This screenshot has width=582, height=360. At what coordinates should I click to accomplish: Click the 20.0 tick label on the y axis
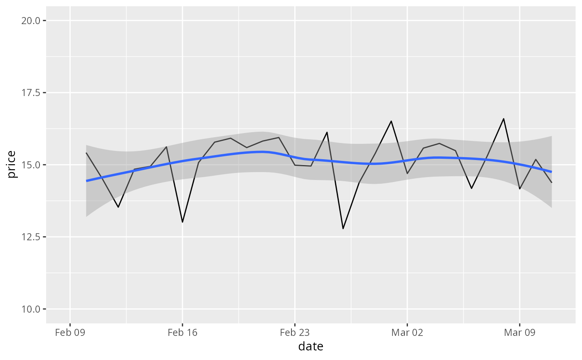pos(31,21)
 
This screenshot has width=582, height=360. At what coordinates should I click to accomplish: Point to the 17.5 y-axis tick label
pos(31,93)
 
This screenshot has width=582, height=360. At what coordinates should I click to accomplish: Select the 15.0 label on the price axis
pos(31,165)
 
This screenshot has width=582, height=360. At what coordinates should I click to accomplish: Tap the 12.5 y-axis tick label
pos(31,237)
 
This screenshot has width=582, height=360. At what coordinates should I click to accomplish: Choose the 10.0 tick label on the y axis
pos(31,309)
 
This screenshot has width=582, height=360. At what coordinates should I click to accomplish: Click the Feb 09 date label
pos(70,333)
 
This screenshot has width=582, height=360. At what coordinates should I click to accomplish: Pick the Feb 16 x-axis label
pos(182,333)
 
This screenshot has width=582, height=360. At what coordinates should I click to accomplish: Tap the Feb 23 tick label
pos(295,333)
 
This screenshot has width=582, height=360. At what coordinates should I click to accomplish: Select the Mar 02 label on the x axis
pos(407,333)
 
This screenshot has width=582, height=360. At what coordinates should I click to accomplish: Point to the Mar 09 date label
pos(520,333)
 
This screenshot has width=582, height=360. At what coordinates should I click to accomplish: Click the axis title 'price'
pos(11,165)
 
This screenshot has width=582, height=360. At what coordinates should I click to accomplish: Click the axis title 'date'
pos(311,346)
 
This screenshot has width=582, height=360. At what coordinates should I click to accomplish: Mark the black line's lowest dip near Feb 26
pos(343,229)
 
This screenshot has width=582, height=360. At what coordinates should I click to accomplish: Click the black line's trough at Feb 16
pos(182,222)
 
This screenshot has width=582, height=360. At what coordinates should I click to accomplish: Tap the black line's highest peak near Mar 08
pos(504,119)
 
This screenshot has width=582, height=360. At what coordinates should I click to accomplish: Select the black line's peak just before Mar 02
pos(391,121)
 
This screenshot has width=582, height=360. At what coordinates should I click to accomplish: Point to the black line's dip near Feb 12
pos(118,207)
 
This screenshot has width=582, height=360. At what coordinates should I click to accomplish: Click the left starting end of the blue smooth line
pos(86,181)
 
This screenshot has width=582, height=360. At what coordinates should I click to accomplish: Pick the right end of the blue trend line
pos(552,172)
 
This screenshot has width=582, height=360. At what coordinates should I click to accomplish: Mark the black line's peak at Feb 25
pos(327,133)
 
